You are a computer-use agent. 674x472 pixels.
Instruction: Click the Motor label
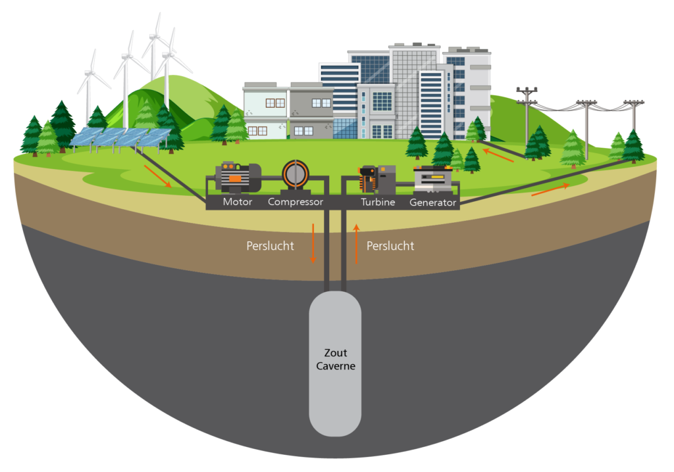[x=237, y=202]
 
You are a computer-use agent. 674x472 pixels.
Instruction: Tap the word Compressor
[x=296, y=202]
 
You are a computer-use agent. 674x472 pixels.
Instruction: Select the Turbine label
[x=378, y=202]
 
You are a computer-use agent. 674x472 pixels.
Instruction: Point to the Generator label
[x=432, y=202]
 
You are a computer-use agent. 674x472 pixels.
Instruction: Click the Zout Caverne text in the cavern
[x=336, y=360]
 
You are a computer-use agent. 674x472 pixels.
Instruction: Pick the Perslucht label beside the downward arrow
[x=270, y=246]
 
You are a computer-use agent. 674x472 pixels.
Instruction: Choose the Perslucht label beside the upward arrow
[x=390, y=246]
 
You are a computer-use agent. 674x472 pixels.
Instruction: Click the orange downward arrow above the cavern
[x=313, y=243]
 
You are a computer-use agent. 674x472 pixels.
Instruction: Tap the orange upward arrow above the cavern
[x=356, y=243]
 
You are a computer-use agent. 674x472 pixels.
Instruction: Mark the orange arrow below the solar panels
[x=158, y=177]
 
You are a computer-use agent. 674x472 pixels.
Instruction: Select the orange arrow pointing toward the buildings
[x=498, y=155]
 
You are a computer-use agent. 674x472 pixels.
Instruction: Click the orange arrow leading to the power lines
[x=551, y=189]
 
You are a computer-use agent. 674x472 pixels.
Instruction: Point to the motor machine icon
[x=238, y=177]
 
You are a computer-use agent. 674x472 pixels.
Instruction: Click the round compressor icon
[x=296, y=176]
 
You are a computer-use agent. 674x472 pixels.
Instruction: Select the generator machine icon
[x=432, y=179]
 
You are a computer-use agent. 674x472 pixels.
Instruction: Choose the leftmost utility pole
[x=527, y=116]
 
